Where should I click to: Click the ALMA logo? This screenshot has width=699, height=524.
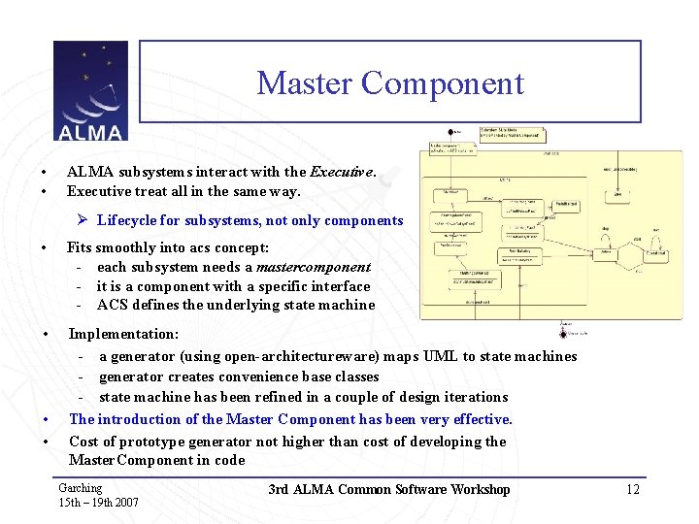89,91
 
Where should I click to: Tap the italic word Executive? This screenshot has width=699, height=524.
341,172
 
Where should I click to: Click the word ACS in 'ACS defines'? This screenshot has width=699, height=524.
113,305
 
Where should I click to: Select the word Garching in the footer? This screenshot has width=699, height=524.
80,488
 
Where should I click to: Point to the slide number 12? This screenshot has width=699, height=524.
633,489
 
